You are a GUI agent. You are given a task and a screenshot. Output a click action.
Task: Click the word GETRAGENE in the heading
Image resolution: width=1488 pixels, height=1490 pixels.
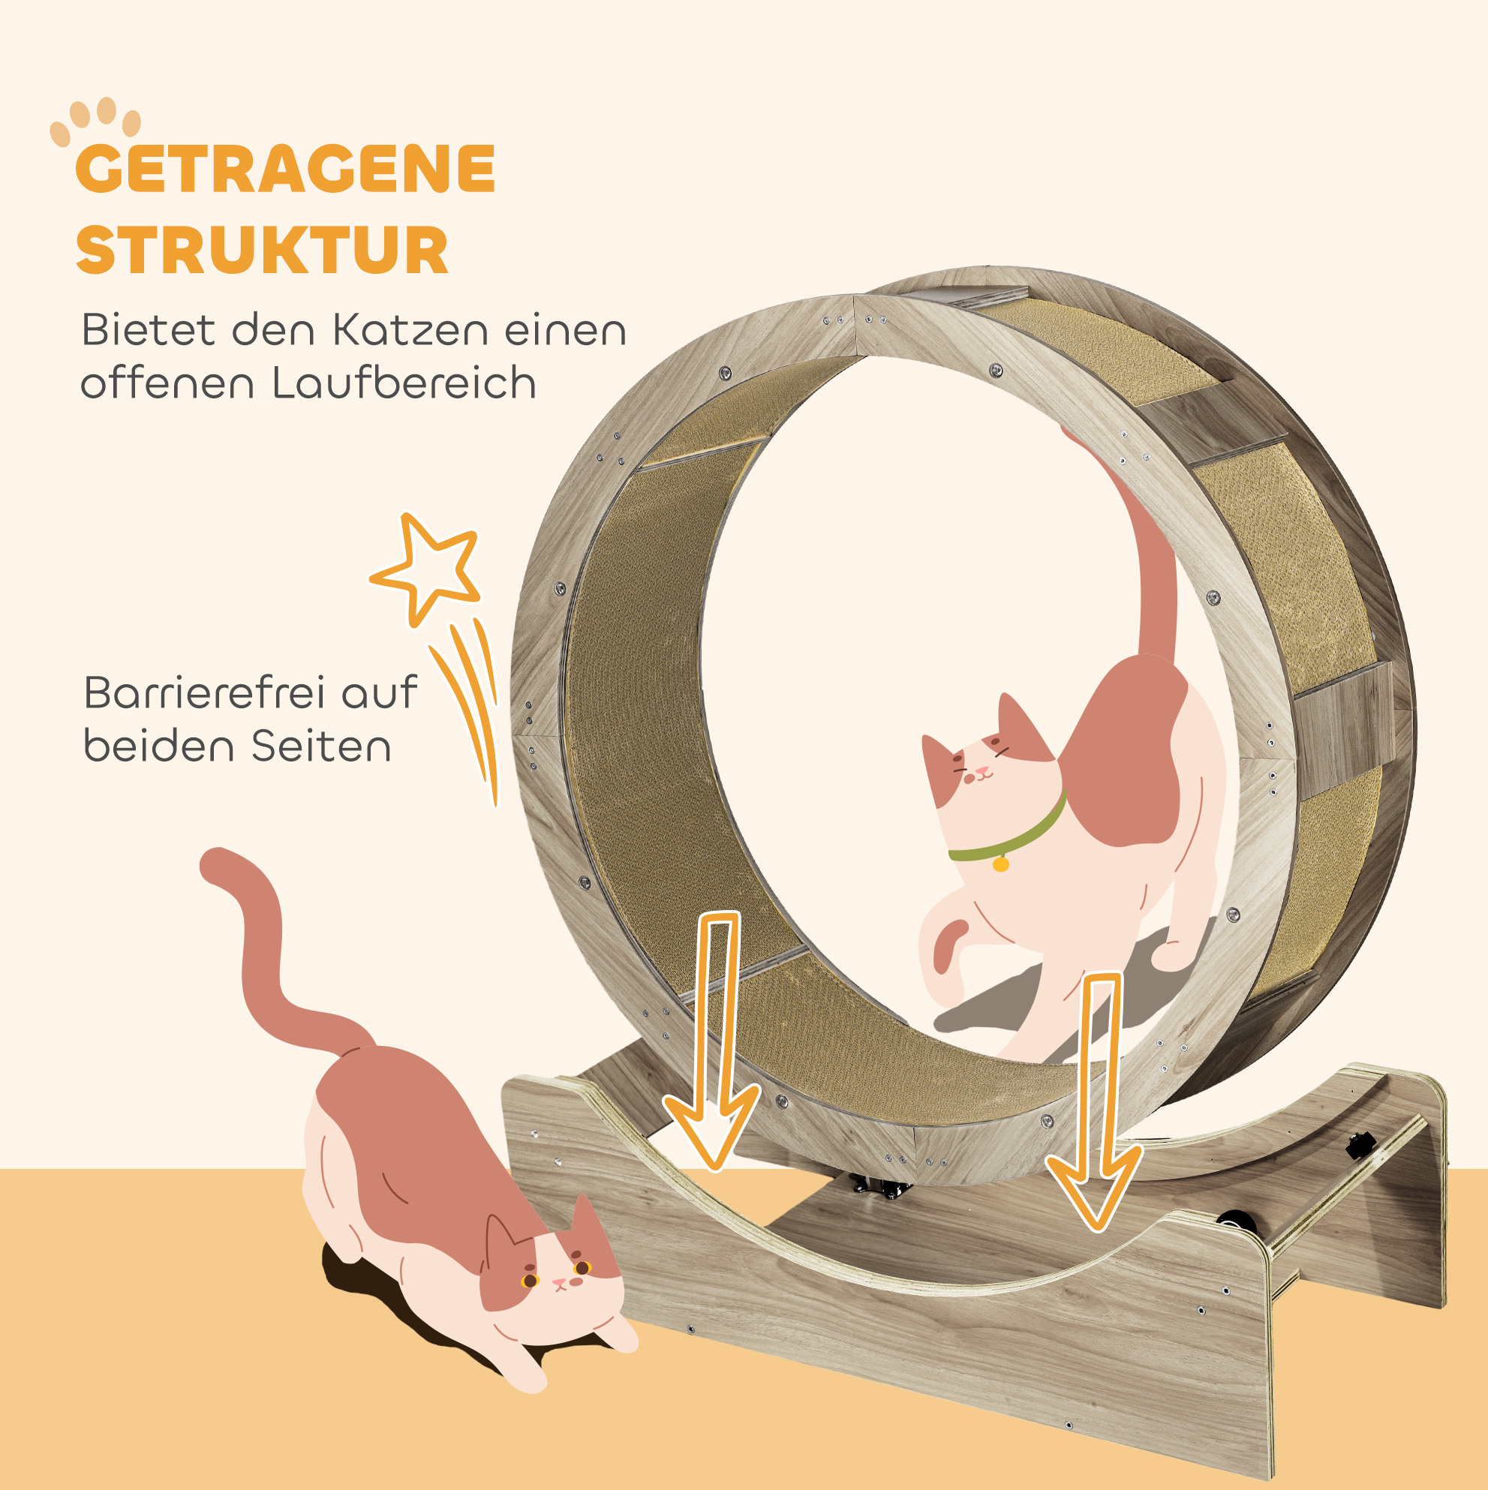pyautogui.click(x=285, y=169)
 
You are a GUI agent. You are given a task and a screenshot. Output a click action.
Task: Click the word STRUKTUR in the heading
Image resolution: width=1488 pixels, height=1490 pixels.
pyautogui.click(x=263, y=250)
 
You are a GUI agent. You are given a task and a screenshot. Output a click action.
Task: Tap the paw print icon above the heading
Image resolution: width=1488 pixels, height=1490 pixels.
pyautogui.click(x=95, y=121)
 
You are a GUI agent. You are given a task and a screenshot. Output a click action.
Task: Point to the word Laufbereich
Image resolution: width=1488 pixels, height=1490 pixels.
pyautogui.click(x=404, y=383)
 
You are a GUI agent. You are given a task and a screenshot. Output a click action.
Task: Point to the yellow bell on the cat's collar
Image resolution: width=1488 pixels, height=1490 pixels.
pyautogui.click(x=1000, y=864)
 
